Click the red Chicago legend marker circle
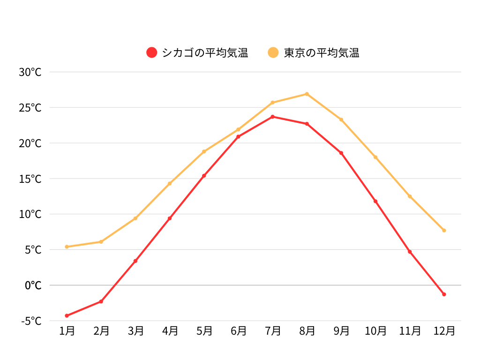151,52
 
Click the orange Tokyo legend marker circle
273,52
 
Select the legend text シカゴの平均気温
205,52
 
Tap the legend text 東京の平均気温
322,52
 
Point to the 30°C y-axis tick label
30,72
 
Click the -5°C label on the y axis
31,321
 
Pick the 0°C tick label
33,285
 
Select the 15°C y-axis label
30,179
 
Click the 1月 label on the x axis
67,331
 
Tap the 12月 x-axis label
444,331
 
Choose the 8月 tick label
307,331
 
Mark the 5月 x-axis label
204,331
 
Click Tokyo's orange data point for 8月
307,94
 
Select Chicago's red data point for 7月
273,117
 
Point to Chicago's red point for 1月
67,315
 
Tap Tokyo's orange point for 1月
67,247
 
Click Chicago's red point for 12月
444,294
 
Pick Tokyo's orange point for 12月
444,230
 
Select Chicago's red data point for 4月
170,218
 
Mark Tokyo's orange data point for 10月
375,157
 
